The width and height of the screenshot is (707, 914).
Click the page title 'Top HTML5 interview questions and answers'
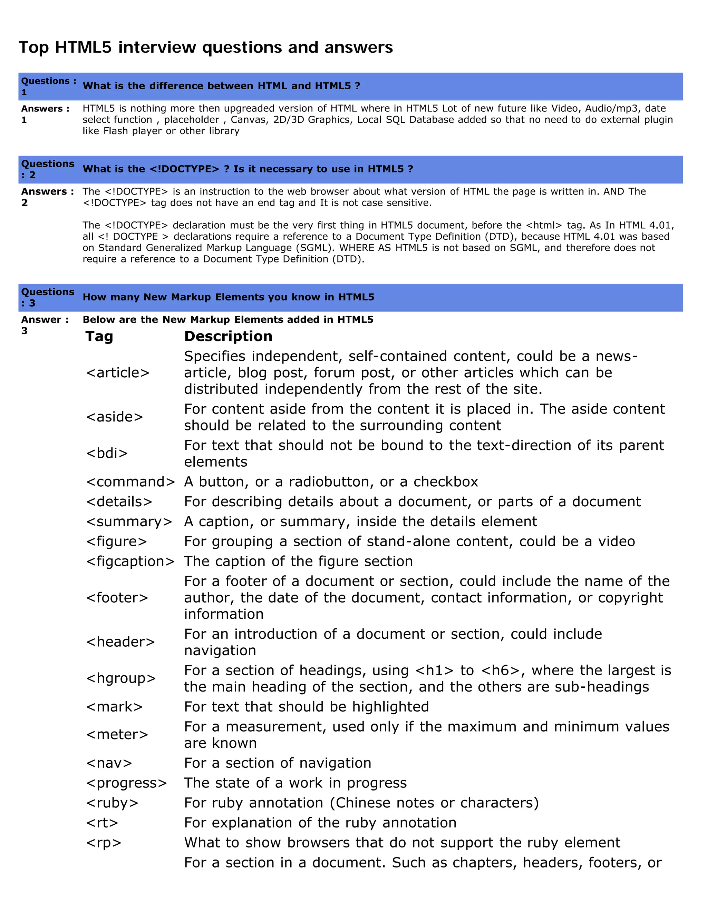click(206, 47)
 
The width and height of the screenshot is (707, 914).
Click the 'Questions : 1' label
click(49, 86)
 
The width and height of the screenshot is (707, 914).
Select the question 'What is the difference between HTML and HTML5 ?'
click(221, 86)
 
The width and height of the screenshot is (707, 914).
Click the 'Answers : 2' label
click(47, 197)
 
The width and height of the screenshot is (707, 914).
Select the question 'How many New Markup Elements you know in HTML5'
click(228, 297)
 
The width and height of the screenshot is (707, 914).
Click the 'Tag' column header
click(99, 337)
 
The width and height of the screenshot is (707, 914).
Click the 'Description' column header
click(228, 337)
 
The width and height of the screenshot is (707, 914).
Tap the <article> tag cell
click(118, 372)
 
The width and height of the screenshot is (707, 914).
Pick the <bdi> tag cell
click(107, 453)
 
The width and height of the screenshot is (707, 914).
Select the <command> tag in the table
click(130, 482)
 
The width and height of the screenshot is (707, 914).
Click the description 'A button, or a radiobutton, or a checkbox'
click(331, 482)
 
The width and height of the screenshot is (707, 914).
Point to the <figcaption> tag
click(130, 561)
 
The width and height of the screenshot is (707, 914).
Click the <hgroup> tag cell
click(120, 678)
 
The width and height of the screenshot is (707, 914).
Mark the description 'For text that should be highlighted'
click(306, 706)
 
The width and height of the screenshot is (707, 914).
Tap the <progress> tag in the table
click(126, 783)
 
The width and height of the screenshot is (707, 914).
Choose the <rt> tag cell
click(102, 822)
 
